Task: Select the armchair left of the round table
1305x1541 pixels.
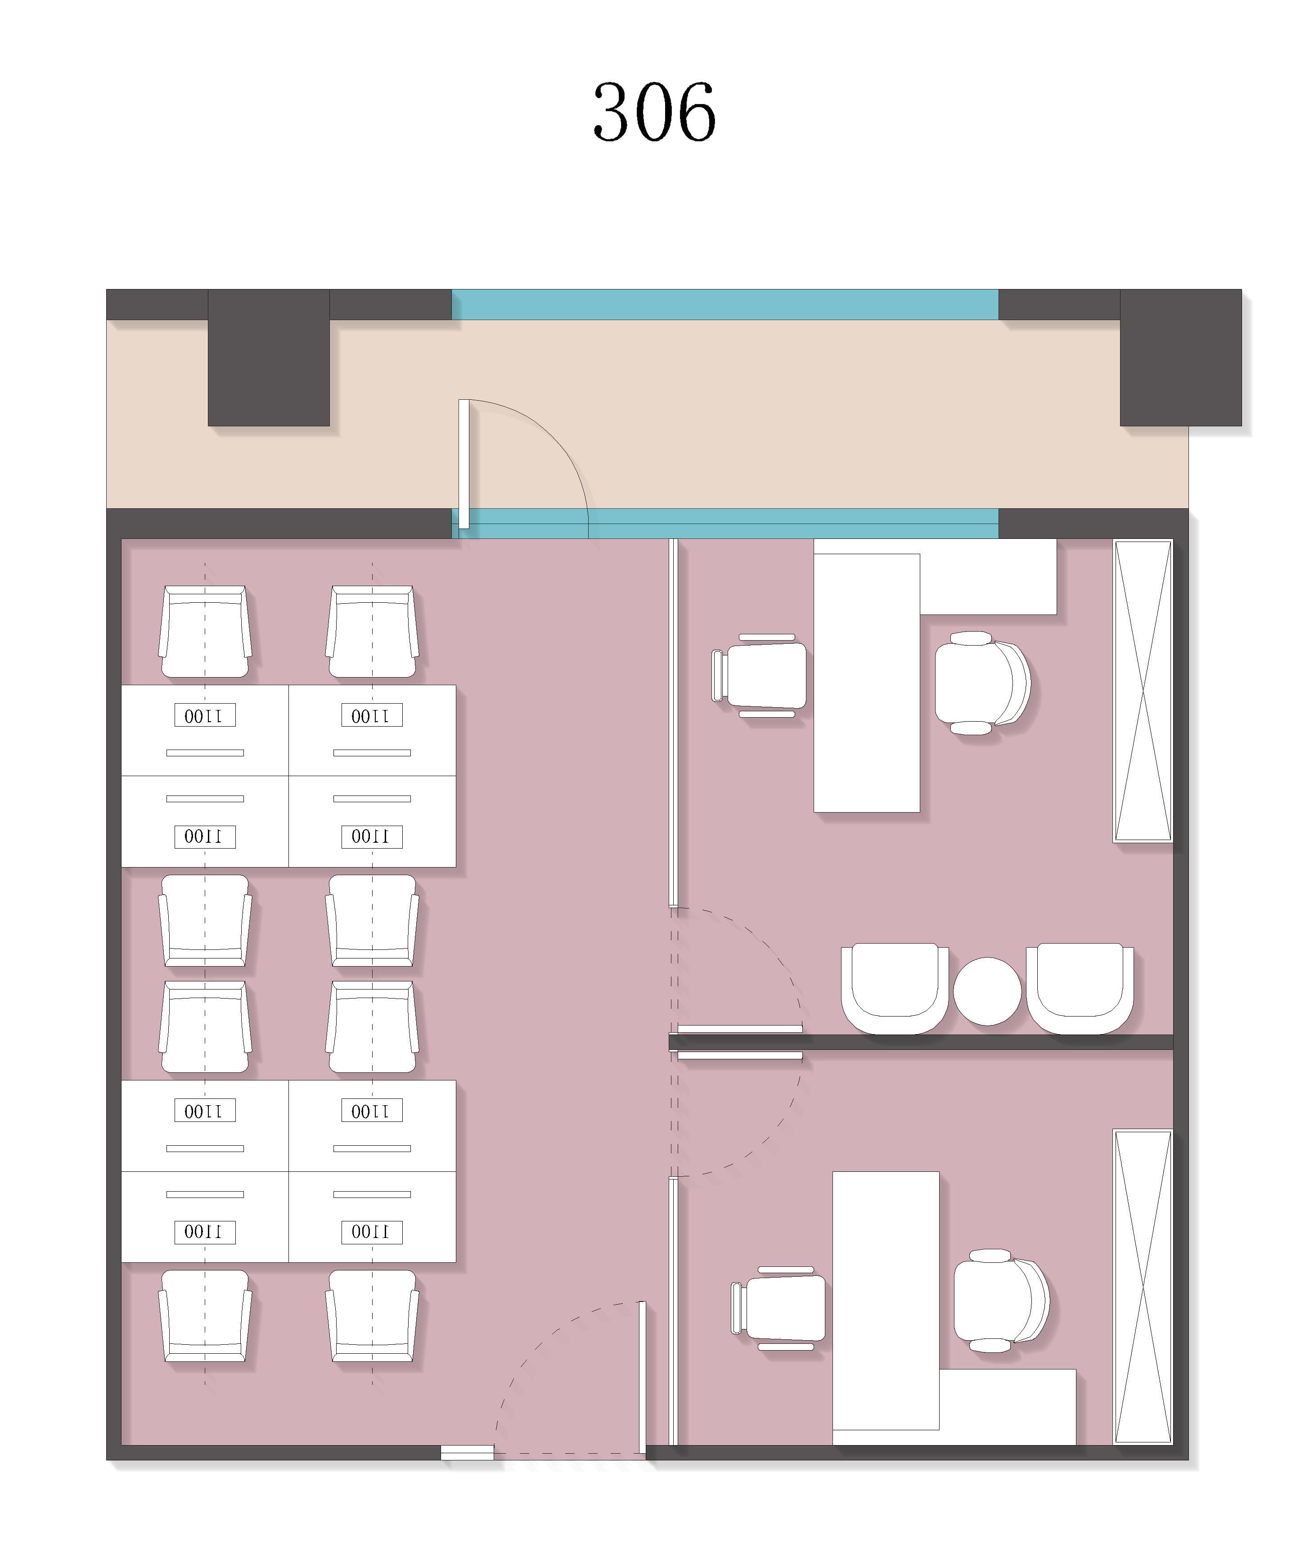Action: point(895,988)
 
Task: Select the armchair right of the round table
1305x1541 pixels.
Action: point(1080,988)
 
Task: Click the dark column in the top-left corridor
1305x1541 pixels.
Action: point(269,357)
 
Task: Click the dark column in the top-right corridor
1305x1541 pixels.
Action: point(1181,357)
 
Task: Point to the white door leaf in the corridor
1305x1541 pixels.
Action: point(464,464)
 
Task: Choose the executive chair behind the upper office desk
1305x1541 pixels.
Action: point(982,683)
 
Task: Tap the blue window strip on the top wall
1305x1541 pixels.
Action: point(725,304)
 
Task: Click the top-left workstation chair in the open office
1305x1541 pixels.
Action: point(205,631)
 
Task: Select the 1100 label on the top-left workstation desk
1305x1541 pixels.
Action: point(205,715)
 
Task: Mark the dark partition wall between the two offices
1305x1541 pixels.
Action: point(921,1042)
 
